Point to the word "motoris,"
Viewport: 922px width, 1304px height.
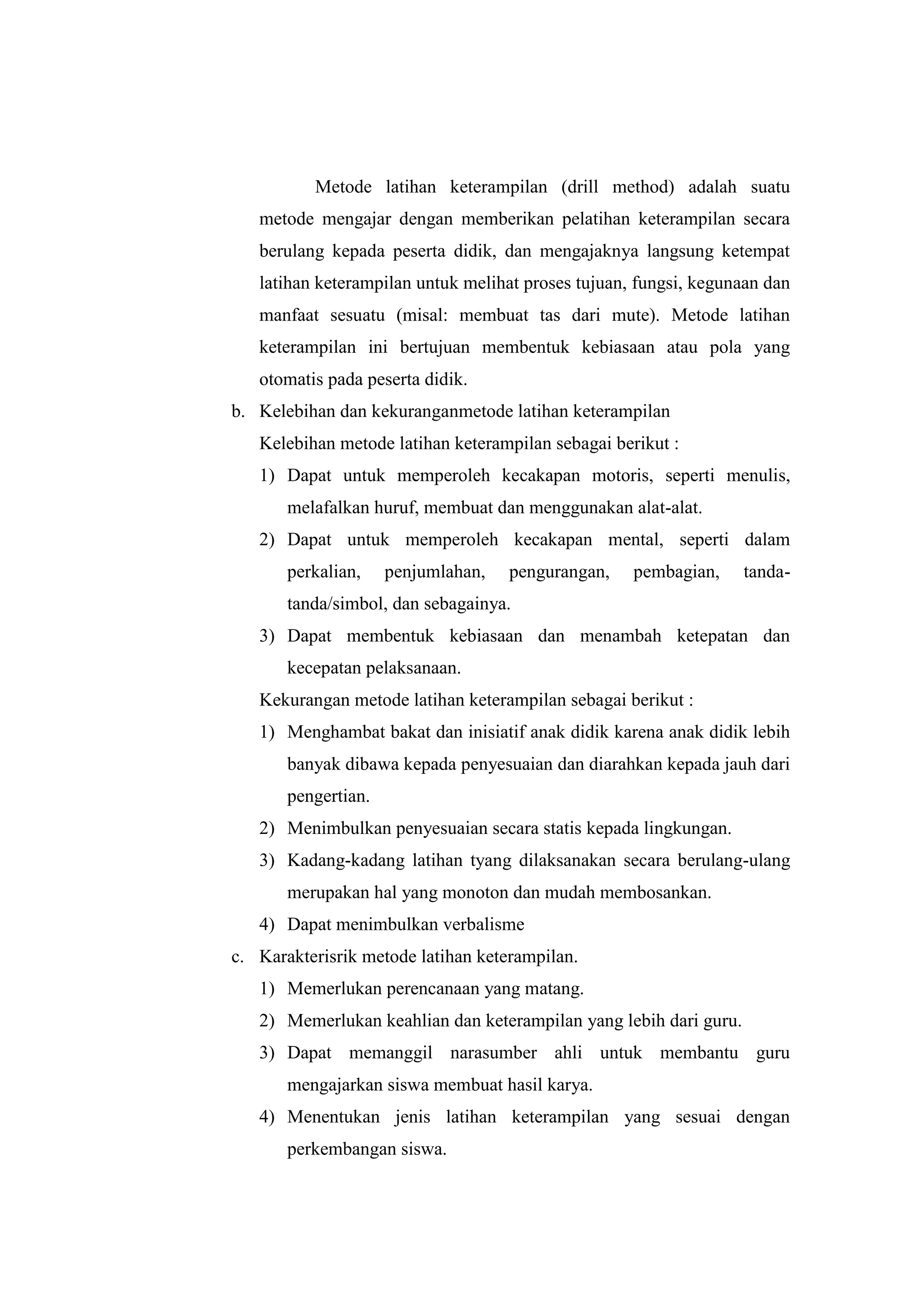click(x=622, y=475)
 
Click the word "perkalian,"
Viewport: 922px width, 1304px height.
click(x=324, y=571)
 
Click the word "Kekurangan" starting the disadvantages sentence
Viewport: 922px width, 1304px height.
click(x=304, y=700)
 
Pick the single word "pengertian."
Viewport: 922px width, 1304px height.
click(x=328, y=796)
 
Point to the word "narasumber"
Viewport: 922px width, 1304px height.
click(x=493, y=1053)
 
